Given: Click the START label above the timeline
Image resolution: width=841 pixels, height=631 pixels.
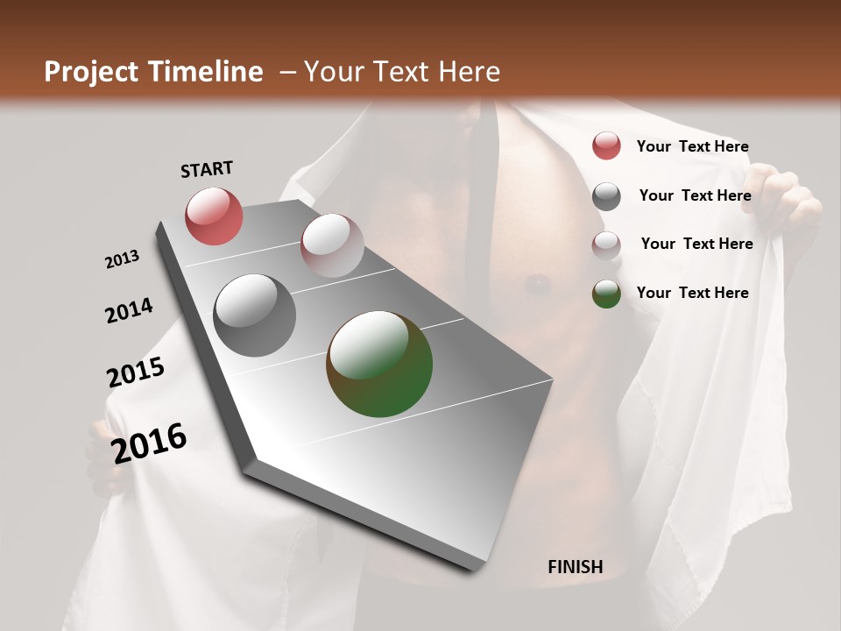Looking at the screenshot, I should [207, 169].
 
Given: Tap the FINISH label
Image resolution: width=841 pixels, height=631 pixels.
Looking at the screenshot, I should [575, 567].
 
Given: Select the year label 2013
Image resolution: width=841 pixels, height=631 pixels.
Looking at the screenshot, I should [123, 259].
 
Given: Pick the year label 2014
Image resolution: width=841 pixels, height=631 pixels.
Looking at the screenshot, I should [129, 310].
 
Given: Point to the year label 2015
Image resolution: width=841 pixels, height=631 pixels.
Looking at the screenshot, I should [136, 372].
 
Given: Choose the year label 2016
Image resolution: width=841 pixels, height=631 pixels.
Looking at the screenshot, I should [150, 443].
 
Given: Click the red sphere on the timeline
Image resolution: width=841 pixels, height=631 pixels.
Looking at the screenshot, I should [214, 216].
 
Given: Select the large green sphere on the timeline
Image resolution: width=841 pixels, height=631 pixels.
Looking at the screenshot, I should [379, 364].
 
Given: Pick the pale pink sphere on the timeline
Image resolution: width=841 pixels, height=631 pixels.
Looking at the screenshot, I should [332, 245].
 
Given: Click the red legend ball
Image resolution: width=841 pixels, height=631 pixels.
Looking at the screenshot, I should [606, 146].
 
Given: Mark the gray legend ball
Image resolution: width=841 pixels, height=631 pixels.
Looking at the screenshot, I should [606, 196].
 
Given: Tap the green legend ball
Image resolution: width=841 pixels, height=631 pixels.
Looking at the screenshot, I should [606, 294].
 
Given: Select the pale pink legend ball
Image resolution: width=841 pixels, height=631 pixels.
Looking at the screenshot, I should [606, 245].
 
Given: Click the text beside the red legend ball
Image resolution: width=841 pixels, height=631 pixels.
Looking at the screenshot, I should [692, 146].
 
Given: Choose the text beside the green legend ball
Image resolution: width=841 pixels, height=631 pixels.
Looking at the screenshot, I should [692, 293].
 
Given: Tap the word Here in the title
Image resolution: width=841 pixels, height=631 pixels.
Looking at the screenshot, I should [469, 72].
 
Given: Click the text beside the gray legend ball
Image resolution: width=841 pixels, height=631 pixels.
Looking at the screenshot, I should [695, 195].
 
